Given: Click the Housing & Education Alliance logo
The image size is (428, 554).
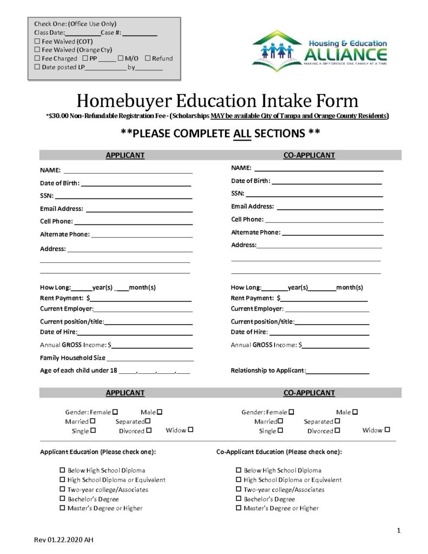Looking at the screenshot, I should tap(320, 51).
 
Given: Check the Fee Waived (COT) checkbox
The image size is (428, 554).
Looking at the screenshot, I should tap(37, 41).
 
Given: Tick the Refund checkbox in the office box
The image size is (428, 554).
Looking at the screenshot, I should tap(147, 58).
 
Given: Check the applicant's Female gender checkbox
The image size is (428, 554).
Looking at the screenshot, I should tap(115, 412).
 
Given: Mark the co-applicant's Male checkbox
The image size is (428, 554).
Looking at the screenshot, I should tap(355, 412).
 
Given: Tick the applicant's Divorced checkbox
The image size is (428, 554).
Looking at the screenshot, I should tap(149, 431).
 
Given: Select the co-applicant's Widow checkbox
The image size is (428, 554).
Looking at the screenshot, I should tap(387, 430).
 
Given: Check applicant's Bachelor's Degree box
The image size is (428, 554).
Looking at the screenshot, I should tap(62, 499).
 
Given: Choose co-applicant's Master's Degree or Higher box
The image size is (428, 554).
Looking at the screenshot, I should tap(239, 508).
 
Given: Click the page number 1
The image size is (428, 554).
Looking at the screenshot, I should tap(398, 531).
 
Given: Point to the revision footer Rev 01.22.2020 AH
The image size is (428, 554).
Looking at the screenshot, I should tap(64, 540).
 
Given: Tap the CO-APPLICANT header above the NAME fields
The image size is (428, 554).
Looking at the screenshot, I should tap(309, 155).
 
